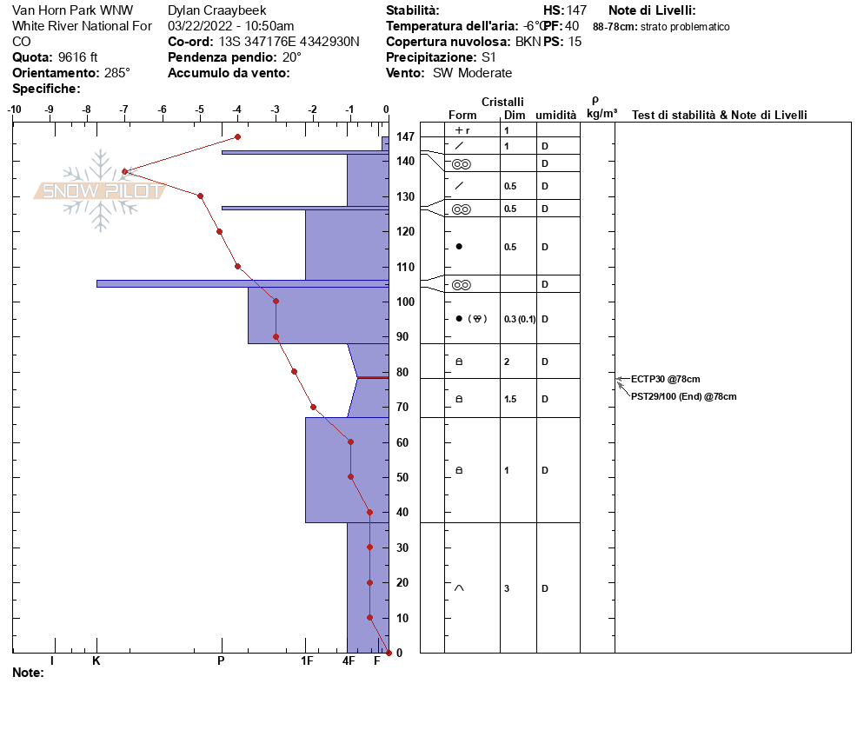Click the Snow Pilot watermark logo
pyautogui.click(x=100, y=190)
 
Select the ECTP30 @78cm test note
pyautogui.click(x=666, y=379)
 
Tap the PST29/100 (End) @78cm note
pyautogui.click(x=684, y=396)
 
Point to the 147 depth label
pyautogui.click(x=405, y=136)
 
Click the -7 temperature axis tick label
pyautogui.click(x=124, y=109)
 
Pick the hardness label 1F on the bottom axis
pyautogui.click(x=307, y=660)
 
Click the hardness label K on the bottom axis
pyautogui.click(x=96, y=660)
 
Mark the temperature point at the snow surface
pyautogui.click(x=237, y=136)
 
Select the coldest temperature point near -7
pyautogui.click(x=125, y=172)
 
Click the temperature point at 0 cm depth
pyautogui.click(x=389, y=653)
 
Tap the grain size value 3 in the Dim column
pyautogui.click(x=507, y=588)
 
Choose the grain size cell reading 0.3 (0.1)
pyautogui.click(x=520, y=319)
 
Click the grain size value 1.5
pyautogui.click(x=510, y=399)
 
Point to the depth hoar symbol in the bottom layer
pyautogui.click(x=459, y=587)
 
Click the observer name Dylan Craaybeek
pyautogui.click(x=217, y=10)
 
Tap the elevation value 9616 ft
pyautogui.click(x=77, y=57)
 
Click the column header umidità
pyautogui.click(x=556, y=115)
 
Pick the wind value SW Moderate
pyautogui.click(x=472, y=73)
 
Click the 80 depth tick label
pyautogui.click(x=402, y=372)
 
